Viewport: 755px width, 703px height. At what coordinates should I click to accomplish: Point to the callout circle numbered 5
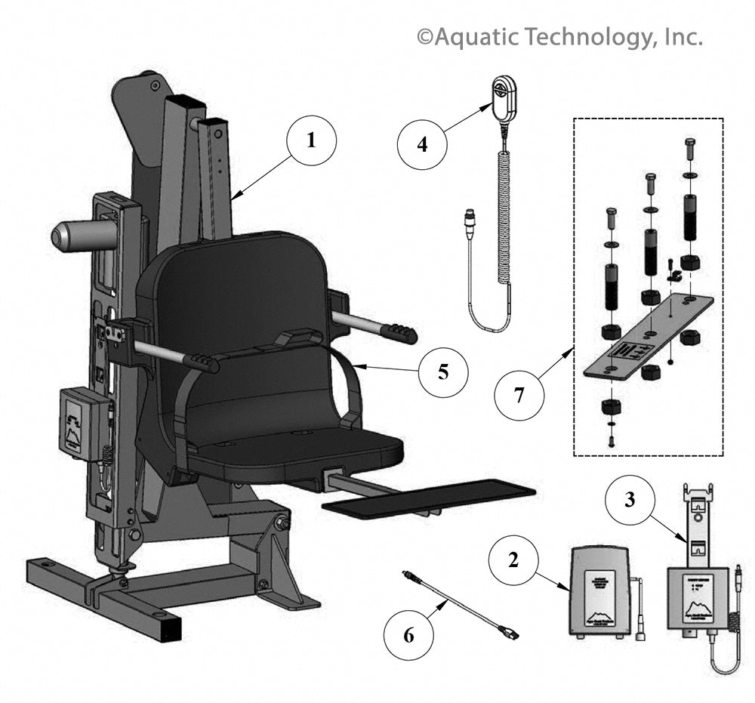click(443, 371)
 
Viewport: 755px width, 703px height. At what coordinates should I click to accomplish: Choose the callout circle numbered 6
click(408, 635)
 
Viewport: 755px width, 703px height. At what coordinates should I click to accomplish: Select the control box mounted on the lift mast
click(80, 423)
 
